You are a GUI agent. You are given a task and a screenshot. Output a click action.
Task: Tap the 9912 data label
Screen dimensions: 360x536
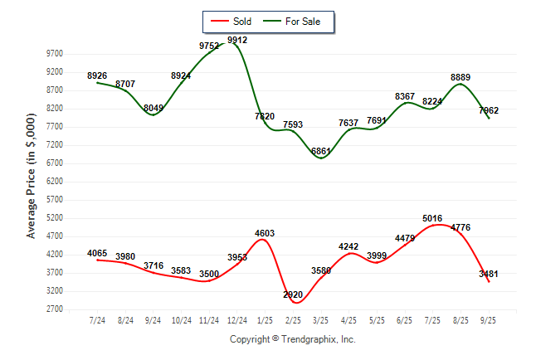pyautogui.click(x=236, y=40)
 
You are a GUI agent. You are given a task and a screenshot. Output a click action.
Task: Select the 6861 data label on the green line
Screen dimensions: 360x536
pyautogui.click(x=321, y=151)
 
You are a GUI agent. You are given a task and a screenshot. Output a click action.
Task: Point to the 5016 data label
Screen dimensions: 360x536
pyautogui.click(x=433, y=219)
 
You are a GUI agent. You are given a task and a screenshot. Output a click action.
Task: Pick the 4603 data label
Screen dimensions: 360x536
pyautogui.click(x=265, y=233)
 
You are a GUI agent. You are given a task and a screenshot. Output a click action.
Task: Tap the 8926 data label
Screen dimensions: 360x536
pyautogui.click(x=98, y=75)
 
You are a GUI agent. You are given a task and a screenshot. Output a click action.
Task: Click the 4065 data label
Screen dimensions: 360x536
pyautogui.click(x=98, y=253)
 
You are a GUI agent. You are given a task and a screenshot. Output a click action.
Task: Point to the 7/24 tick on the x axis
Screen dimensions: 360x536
pyautogui.click(x=98, y=320)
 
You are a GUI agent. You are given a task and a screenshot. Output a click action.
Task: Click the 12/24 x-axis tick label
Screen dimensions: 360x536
pyautogui.click(x=237, y=320)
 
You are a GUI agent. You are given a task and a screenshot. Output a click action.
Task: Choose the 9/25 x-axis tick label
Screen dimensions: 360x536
pyautogui.click(x=489, y=320)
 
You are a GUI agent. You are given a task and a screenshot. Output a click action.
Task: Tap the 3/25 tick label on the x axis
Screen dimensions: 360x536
pyautogui.click(x=321, y=320)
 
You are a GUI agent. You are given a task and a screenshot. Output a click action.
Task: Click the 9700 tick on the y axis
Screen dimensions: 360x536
pyautogui.click(x=56, y=53)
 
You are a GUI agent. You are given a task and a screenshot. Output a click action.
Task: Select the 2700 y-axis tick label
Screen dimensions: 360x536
pyautogui.click(x=56, y=309)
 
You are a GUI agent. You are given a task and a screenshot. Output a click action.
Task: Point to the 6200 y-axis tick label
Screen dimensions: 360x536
pyautogui.click(x=56, y=182)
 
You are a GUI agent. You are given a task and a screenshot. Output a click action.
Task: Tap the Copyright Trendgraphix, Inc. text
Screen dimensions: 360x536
pyautogui.click(x=292, y=339)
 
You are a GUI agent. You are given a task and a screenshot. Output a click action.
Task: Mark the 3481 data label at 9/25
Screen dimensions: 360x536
pyautogui.click(x=490, y=274)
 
